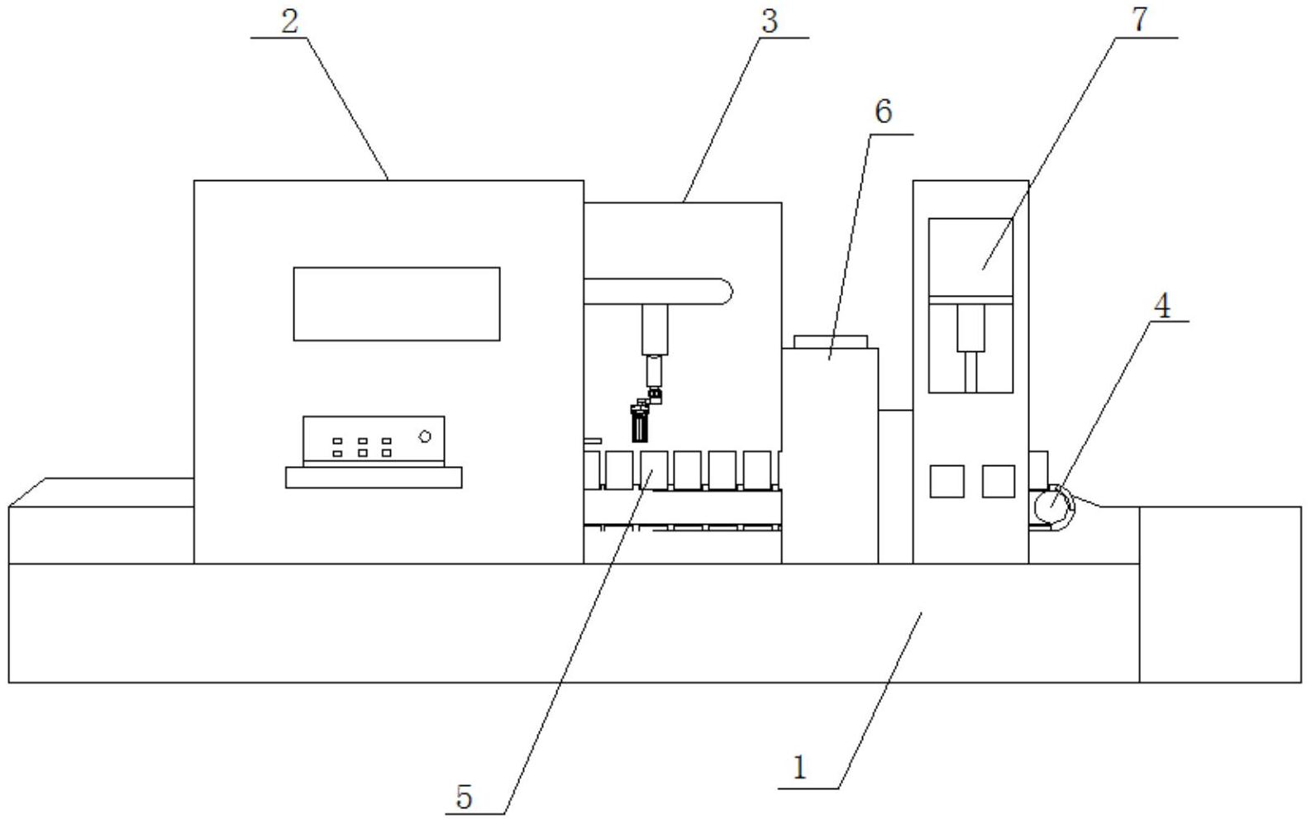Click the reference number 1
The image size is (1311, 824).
799,768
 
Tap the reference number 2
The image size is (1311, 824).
288,21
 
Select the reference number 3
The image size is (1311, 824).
770,21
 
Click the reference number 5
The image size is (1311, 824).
465,797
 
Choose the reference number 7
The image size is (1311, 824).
1141,20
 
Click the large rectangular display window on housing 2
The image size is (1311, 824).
397,303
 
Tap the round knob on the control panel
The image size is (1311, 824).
425,436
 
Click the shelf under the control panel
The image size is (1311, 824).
374,478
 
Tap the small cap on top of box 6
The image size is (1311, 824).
831,341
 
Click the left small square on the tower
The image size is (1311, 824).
946,481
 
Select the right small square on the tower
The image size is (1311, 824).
999,481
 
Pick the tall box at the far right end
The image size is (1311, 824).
1219,593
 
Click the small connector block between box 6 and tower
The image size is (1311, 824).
895,485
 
